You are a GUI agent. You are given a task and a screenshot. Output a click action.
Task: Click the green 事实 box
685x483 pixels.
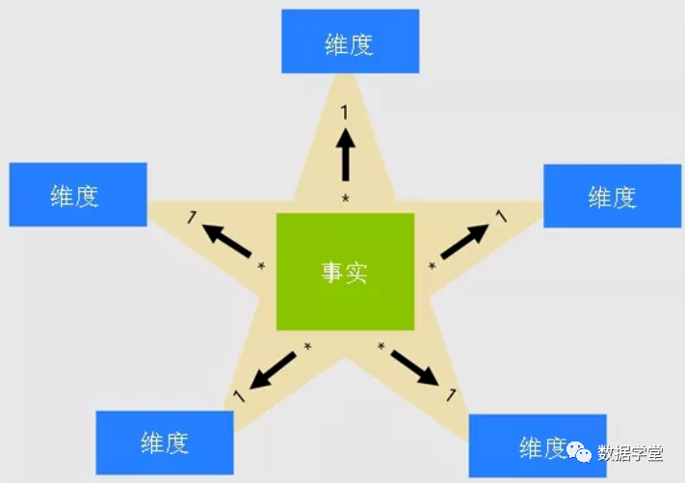(x=345, y=273)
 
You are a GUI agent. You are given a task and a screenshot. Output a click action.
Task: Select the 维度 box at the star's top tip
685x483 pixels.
(x=349, y=41)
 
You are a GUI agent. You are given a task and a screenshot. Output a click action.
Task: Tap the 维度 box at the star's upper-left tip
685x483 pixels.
(x=77, y=195)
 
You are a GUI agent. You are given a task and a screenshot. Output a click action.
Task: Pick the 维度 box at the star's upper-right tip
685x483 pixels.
(x=612, y=196)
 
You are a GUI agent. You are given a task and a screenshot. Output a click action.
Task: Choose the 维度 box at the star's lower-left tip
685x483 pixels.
(x=165, y=443)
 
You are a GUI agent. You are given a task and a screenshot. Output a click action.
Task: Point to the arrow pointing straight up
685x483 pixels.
(x=345, y=155)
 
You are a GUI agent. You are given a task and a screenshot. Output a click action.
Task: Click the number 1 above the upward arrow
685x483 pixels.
(x=345, y=114)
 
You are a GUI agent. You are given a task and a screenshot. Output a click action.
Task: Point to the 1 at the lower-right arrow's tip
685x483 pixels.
(x=449, y=393)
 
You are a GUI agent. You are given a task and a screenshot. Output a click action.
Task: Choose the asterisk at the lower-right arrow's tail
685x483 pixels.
(x=382, y=346)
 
